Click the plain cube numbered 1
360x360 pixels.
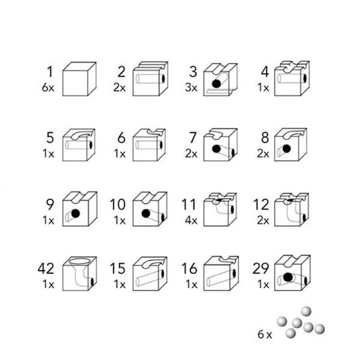(80, 79)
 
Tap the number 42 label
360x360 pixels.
(46, 268)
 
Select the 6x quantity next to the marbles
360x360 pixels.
(265, 334)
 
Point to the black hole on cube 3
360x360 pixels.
(216, 84)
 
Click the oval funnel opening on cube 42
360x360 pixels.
(79, 261)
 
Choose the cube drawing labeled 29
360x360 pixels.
(292, 273)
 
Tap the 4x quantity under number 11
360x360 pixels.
(191, 220)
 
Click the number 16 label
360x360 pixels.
(189, 268)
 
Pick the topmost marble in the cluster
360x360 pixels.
(306, 311)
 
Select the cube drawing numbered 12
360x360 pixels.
(292, 210)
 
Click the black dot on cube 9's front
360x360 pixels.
(76, 213)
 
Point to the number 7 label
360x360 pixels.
(193, 138)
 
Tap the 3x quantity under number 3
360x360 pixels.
(191, 87)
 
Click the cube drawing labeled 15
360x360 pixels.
(150, 274)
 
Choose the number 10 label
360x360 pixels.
(118, 204)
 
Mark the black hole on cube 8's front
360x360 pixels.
(287, 149)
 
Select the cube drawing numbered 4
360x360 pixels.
(292, 78)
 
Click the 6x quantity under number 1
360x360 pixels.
(48, 87)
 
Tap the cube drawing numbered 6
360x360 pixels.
(149, 145)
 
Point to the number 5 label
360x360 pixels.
(50, 138)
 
